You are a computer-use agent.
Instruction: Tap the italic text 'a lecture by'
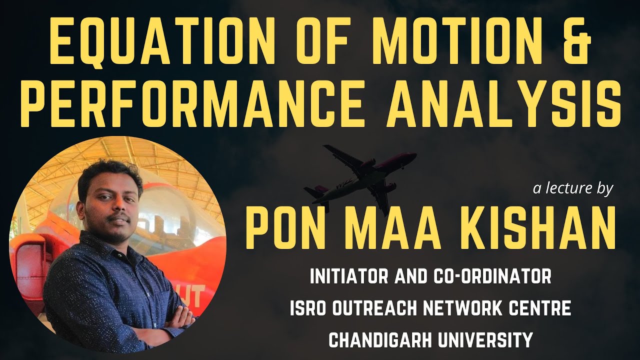click(x=572, y=188)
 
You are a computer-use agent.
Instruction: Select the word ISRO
click(x=306, y=308)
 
